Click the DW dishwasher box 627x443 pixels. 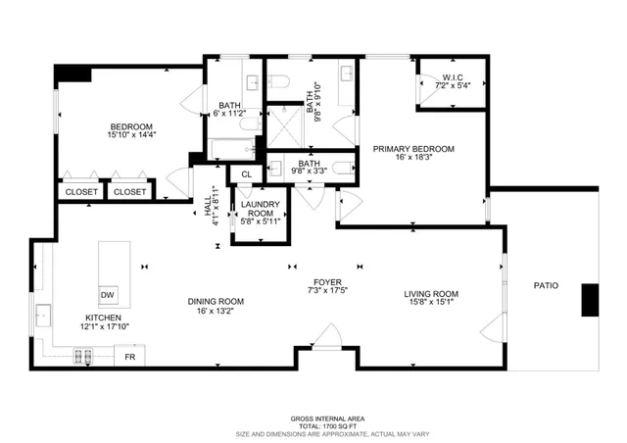coord(107,296)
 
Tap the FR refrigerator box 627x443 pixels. coord(130,358)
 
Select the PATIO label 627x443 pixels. coord(546,286)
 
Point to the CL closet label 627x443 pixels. coord(246,175)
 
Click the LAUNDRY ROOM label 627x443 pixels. coord(261,209)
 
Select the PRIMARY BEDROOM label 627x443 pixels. coord(412,149)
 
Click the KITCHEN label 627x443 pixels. coord(103,319)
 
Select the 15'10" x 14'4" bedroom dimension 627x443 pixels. coord(130,137)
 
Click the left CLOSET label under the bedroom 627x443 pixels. coord(82,192)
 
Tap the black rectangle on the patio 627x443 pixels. coord(590,300)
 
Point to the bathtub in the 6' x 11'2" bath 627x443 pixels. coord(232,148)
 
